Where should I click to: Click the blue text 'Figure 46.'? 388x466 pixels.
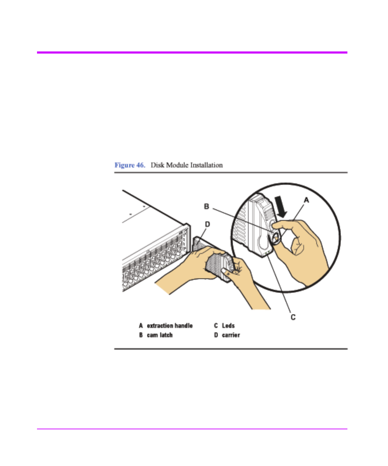point(130,165)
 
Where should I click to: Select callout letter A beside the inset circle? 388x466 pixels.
point(306,200)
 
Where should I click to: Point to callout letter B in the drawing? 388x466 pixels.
point(207,206)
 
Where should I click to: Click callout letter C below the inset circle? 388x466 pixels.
point(293,317)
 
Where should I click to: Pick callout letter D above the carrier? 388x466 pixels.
point(207,224)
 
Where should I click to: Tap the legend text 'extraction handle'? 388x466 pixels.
point(170,326)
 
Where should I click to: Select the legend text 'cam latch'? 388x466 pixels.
point(160,335)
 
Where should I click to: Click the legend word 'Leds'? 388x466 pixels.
point(228,326)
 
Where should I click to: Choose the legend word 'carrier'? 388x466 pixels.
point(231,335)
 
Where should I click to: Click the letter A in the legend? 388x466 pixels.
point(141,326)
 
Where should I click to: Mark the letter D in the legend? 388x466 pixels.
point(216,335)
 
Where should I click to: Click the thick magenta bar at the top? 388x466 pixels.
point(192,52)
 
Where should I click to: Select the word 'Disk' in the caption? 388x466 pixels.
point(157,165)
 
